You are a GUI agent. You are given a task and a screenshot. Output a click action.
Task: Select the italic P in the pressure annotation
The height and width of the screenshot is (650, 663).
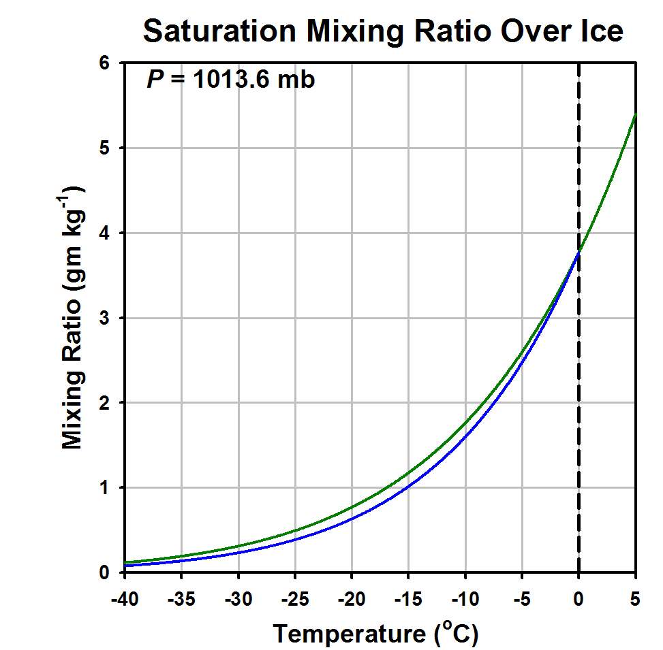[x=155, y=79]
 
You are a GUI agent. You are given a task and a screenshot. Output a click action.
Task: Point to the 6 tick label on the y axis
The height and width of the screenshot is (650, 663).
[x=104, y=63]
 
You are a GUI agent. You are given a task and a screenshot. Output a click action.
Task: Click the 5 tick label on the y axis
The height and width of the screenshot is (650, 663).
[x=104, y=148]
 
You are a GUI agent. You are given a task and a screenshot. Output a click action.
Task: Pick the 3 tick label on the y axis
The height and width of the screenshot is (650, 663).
[x=104, y=318]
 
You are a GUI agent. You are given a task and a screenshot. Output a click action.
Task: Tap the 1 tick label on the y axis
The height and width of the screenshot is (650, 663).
[x=104, y=487]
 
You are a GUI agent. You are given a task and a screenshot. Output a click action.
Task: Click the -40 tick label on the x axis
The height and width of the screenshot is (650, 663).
[x=125, y=599]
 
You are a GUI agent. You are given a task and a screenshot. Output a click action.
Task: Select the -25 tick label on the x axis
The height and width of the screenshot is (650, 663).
[x=295, y=599]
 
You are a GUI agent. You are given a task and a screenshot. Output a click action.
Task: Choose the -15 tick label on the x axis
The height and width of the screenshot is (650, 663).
[x=408, y=599]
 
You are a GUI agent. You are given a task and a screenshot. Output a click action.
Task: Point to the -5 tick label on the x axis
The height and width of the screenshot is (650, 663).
[x=522, y=599]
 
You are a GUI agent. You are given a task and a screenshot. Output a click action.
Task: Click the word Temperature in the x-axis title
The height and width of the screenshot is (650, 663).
[x=350, y=634]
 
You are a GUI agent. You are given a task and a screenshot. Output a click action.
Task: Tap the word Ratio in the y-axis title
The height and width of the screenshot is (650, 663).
[x=72, y=331]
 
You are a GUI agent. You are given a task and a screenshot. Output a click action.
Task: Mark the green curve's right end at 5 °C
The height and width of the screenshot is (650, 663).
[x=636, y=114]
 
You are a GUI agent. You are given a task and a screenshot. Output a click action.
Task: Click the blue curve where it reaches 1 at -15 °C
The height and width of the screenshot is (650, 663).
[x=408, y=487]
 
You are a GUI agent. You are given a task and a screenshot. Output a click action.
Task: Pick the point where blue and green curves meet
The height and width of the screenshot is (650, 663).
[x=579, y=252]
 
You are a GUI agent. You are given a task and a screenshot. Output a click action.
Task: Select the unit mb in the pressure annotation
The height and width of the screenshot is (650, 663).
[x=296, y=79]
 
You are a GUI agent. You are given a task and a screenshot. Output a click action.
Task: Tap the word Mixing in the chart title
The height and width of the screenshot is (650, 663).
[x=355, y=32]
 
